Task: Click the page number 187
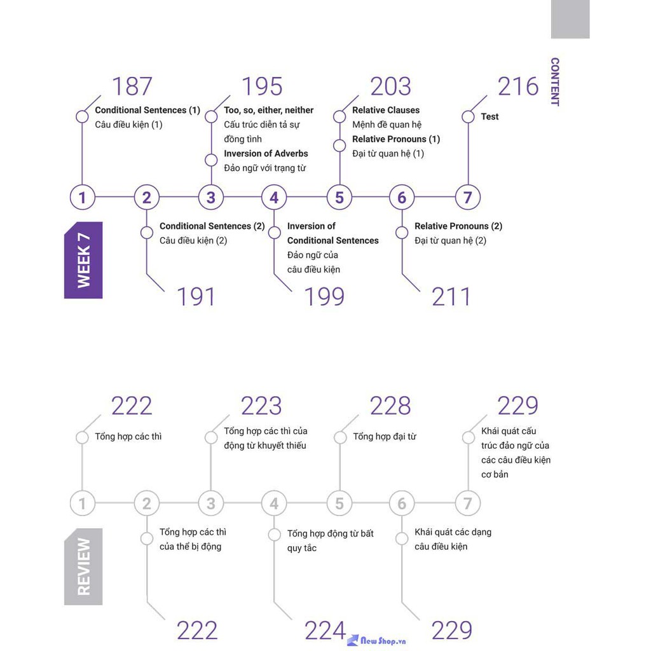pyautogui.click(x=132, y=86)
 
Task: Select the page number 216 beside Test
pyautogui.click(x=517, y=86)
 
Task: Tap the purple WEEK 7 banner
pyautogui.click(x=83, y=260)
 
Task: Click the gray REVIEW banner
pyautogui.click(x=83, y=566)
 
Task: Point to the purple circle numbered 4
pyautogui.click(x=274, y=197)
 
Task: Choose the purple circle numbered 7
pyautogui.click(x=467, y=197)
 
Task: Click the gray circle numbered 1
pyautogui.click(x=82, y=504)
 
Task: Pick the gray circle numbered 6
pyautogui.click(x=402, y=504)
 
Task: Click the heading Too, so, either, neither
pyautogui.click(x=268, y=110)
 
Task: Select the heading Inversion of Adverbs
pyautogui.click(x=266, y=153)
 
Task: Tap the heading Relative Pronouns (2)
pyautogui.click(x=458, y=226)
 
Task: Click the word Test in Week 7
pyautogui.click(x=490, y=116)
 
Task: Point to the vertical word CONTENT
pyautogui.click(x=554, y=81)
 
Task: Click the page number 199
pyautogui.click(x=324, y=297)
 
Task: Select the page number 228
pyautogui.click(x=390, y=406)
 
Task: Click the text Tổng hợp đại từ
pyautogui.click(x=384, y=436)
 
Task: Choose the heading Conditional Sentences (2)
pyautogui.click(x=212, y=226)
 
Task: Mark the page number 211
pyautogui.click(x=451, y=297)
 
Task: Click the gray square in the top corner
pyautogui.click(x=570, y=19)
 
